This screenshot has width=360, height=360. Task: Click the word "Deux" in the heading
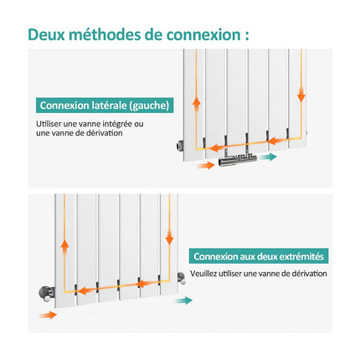point(46,34)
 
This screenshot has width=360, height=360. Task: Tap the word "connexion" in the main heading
point(203,34)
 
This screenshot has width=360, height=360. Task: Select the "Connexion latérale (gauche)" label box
point(105,105)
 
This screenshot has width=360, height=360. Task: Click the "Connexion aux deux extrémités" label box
point(259,256)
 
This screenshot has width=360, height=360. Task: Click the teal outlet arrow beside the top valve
point(268,157)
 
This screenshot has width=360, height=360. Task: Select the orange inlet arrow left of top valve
point(206,166)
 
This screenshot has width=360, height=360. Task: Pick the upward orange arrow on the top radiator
point(197,105)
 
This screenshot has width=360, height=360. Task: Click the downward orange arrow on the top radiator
point(301,94)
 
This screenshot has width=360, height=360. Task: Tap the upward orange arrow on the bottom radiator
point(64,248)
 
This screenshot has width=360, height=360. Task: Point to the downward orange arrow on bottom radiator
point(169,237)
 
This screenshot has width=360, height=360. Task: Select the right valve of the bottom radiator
point(181,278)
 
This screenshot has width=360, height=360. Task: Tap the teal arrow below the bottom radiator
point(183,301)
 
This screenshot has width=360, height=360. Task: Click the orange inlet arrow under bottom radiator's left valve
point(48,316)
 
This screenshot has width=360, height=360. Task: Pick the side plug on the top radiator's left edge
point(180,145)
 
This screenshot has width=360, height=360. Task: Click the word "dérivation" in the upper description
point(104,133)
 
